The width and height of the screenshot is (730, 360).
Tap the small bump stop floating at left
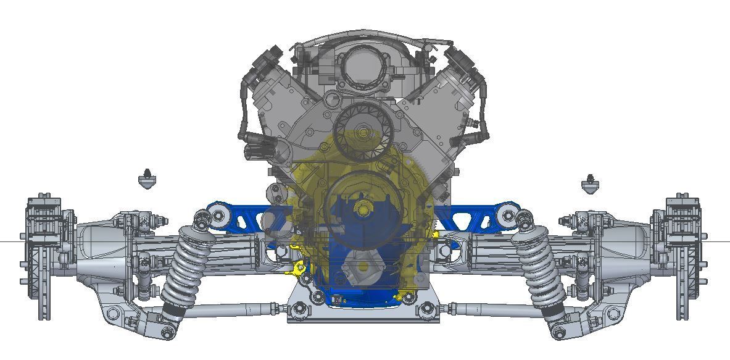coord(146,180)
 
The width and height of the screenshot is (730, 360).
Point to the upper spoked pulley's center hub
coord(362,132)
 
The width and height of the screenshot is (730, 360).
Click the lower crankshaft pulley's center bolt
coord(362,209)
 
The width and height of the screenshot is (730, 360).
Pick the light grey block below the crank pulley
coord(363,267)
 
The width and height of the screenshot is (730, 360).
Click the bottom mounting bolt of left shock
coord(167,333)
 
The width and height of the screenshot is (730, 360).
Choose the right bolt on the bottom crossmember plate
coord(426,309)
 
